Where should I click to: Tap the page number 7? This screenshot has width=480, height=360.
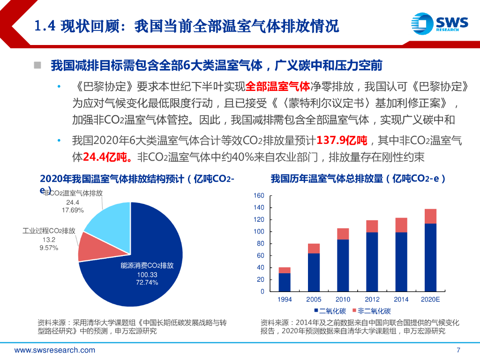point(458,350)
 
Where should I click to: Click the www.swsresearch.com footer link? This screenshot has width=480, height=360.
point(55,350)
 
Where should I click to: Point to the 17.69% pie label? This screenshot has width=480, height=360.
point(73,210)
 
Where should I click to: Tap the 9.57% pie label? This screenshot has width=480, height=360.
point(48,248)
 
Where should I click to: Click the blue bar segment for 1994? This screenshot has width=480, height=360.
point(285,282)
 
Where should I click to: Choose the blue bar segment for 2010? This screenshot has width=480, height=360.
point(343,265)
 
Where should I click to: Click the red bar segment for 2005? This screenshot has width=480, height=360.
point(314,248)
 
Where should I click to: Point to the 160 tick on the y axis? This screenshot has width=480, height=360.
point(259,195)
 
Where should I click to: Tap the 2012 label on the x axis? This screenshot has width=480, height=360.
point(372,300)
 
